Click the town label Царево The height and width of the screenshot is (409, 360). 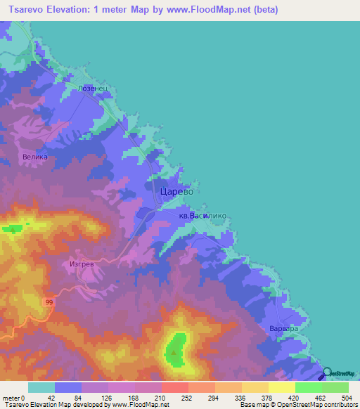[x=176, y=190]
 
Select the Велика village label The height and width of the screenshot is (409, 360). [x=35, y=157]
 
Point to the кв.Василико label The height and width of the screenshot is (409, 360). [x=202, y=218]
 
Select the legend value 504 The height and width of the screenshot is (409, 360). [x=345, y=397]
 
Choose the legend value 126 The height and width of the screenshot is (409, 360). [x=106, y=397]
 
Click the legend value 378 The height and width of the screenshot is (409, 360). [x=266, y=397]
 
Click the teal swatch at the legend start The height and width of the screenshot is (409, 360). [x=41, y=387]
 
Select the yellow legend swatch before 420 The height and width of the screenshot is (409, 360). [x=282, y=387]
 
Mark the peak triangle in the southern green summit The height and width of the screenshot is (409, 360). [x=174, y=346]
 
